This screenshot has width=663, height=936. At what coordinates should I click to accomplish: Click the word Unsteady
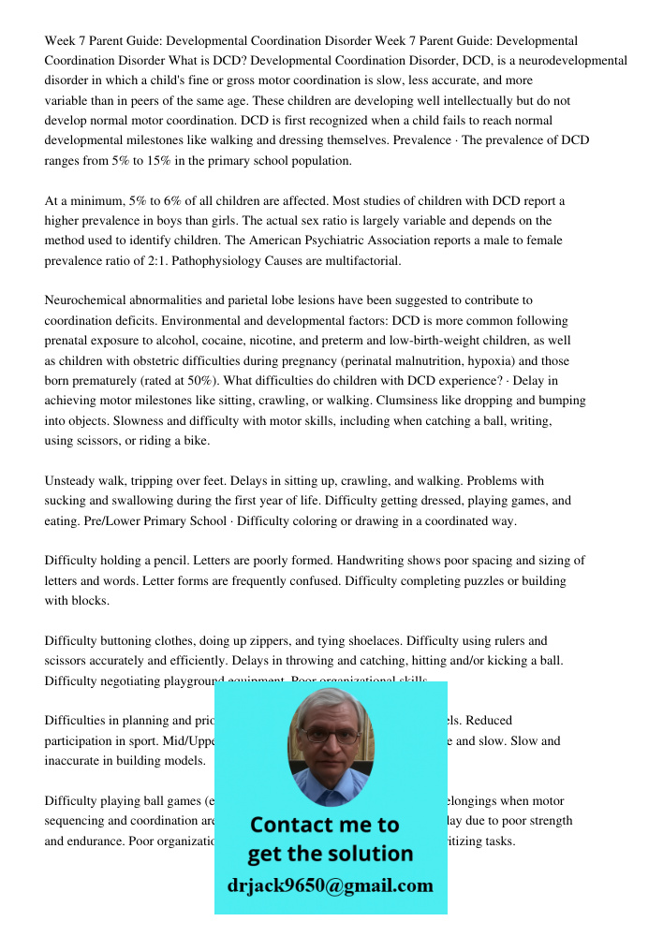tap(71, 480)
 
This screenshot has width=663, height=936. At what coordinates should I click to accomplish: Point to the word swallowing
tap(125, 501)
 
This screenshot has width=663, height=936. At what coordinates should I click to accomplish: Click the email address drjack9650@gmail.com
tap(331, 885)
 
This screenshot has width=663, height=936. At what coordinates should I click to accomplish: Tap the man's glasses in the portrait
tap(331, 735)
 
